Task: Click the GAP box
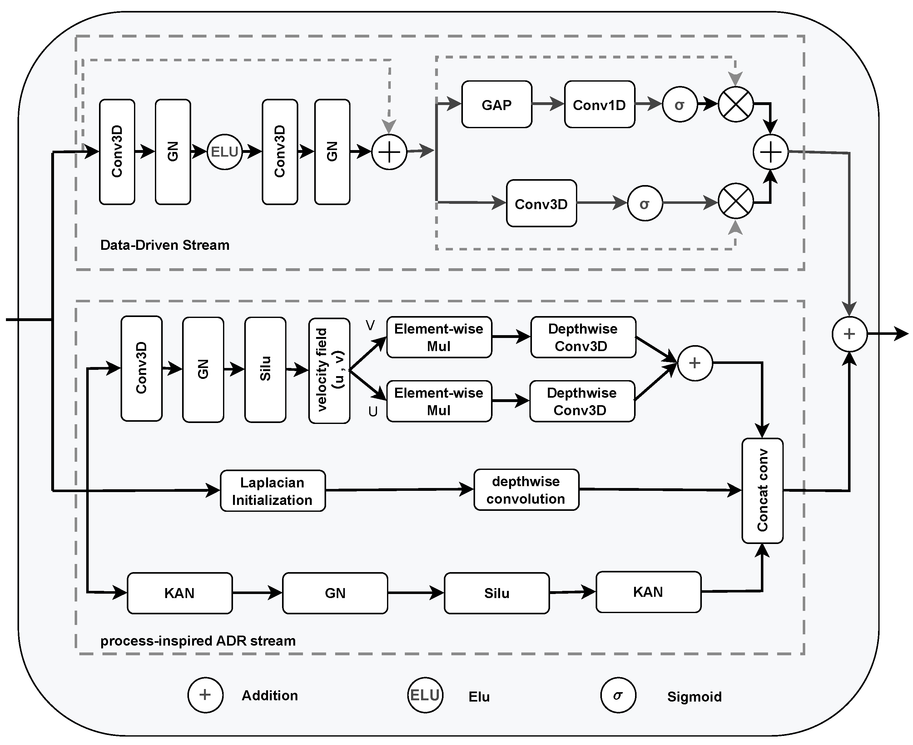click(497, 104)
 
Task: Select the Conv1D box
click(599, 104)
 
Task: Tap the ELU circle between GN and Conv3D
click(224, 152)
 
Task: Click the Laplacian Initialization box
click(273, 491)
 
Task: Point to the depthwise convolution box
click(526, 490)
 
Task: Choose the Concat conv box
click(762, 491)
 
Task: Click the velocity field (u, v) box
click(329, 370)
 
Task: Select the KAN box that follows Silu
click(648, 592)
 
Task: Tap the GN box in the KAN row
click(335, 593)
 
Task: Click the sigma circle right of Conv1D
click(680, 104)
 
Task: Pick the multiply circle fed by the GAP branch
click(736, 104)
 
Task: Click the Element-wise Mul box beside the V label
click(439, 337)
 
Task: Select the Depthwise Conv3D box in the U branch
click(582, 401)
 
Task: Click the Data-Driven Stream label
click(165, 245)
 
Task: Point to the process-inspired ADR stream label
click(198, 641)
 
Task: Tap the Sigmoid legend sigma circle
click(618, 695)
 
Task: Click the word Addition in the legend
click(270, 695)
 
